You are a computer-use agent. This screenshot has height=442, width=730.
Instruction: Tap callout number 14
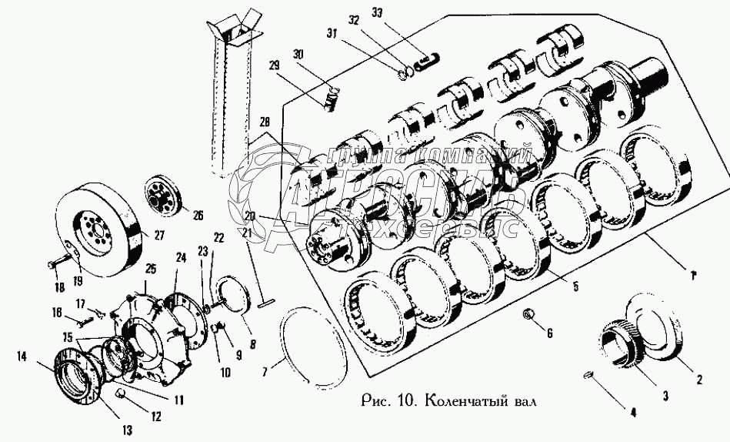pyautogui.click(x=22, y=357)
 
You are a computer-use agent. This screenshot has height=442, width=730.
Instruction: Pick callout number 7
pyautogui.click(x=265, y=372)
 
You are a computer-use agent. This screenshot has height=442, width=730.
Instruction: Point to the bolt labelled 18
pyautogui.click(x=55, y=264)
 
